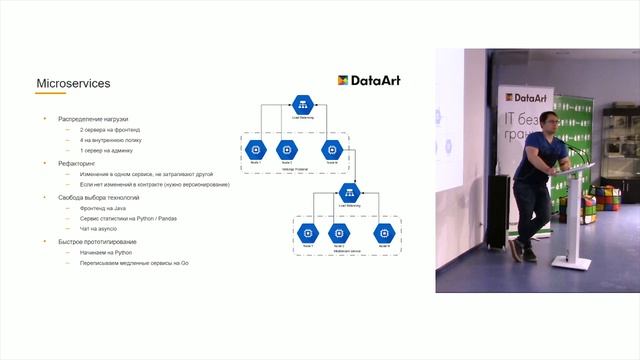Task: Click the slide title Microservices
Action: pos(73,84)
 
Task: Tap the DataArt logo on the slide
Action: pos(369,80)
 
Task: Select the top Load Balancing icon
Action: pos(303,107)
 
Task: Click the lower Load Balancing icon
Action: pos(349,192)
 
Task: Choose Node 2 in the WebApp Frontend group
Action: pos(287,149)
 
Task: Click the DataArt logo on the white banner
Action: pos(521,98)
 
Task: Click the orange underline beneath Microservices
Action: pos(51,93)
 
